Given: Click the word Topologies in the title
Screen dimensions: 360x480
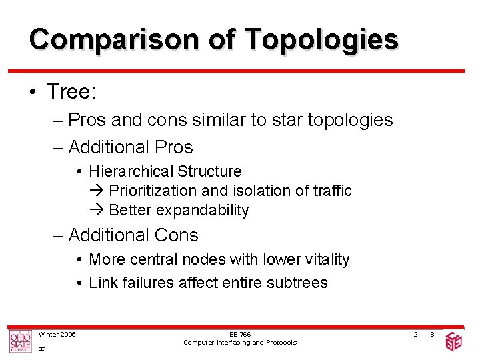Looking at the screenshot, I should pyautogui.click(x=321, y=41).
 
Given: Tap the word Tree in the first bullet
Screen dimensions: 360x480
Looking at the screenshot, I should pyautogui.click(x=70, y=92).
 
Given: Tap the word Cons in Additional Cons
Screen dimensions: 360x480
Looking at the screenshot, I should pyautogui.click(x=176, y=235).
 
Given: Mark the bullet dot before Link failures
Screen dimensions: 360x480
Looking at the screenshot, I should pyautogui.click(x=79, y=283).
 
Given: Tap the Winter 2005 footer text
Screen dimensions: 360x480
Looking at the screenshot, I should pyautogui.click(x=57, y=334).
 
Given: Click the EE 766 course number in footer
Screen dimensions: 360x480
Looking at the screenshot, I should pyautogui.click(x=240, y=334).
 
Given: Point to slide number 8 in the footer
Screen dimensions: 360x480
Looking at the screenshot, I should pyautogui.click(x=433, y=334).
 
